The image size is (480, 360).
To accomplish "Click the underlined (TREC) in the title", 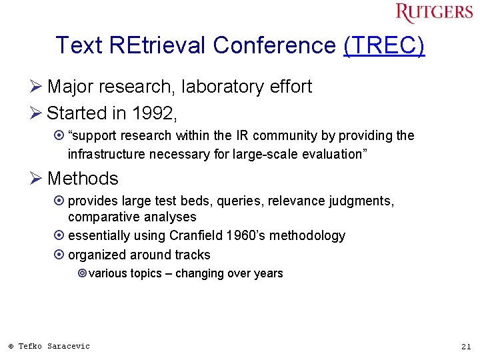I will [x=384, y=45].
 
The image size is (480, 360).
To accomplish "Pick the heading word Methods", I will [x=83, y=179].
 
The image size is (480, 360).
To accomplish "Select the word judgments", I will [x=365, y=201].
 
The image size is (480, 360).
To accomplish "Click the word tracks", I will [x=193, y=255].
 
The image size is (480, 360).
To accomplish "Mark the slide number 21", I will [x=465, y=346].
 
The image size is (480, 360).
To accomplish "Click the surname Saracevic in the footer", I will [x=69, y=346].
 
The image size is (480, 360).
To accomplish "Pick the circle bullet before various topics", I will [x=82, y=273].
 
